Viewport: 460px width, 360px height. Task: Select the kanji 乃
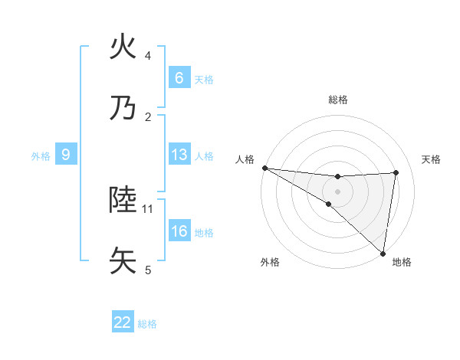(x=123, y=108)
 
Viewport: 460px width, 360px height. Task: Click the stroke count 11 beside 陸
(x=148, y=208)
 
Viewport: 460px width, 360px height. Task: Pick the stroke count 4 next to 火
(x=148, y=56)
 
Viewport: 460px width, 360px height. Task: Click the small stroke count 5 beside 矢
(x=148, y=270)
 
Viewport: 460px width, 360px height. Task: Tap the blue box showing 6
(x=179, y=78)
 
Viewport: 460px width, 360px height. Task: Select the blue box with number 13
(x=179, y=155)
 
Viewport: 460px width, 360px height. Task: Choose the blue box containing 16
(x=179, y=231)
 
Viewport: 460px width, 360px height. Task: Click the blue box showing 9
(x=66, y=155)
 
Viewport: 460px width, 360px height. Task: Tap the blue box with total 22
(x=123, y=322)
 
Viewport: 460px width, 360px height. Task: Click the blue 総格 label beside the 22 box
(x=147, y=324)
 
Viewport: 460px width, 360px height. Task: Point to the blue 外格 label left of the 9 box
(x=41, y=156)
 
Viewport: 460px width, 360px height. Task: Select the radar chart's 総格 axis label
(x=338, y=100)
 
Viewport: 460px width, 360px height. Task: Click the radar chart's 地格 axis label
(x=402, y=262)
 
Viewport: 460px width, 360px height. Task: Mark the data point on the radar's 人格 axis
(x=264, y=167)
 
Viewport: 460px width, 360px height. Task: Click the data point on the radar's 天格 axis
(x=396, y=172)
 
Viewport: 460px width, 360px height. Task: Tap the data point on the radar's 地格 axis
(x=383, y=253)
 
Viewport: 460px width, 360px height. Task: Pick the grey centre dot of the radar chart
(x=338, y=191)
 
